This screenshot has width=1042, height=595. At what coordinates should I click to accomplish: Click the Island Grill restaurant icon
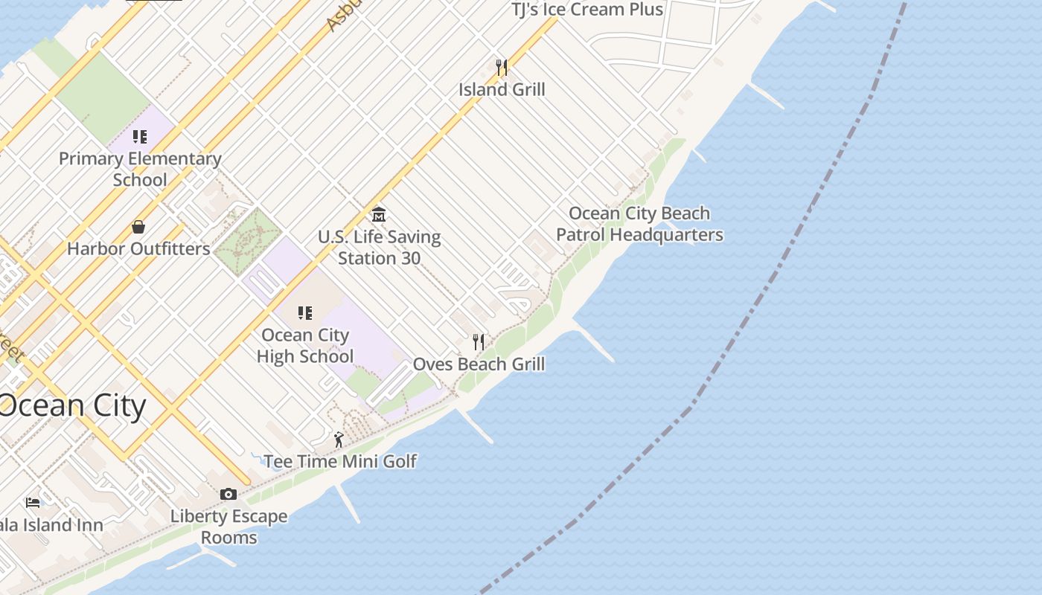(502, 68)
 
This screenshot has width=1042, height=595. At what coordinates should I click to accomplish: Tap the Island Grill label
(502, 89)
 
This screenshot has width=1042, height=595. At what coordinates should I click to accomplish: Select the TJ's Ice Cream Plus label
(586, 10)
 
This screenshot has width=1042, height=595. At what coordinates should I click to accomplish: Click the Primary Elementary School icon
(140, 137)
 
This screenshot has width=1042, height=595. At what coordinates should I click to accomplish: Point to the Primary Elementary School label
(140, 169)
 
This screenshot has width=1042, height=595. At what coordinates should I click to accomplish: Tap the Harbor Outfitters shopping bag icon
(138, 227)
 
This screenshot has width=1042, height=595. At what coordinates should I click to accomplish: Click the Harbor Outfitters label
(138, 248)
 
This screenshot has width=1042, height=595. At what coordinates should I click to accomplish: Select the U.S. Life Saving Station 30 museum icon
(379, 215)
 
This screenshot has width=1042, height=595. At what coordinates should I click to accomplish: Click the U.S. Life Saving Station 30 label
(379, 248)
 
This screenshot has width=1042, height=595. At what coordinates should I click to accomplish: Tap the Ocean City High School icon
(305, 312)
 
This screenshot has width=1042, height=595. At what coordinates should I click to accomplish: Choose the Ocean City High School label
(305, 346)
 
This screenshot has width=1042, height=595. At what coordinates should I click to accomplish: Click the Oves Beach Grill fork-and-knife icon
(479, 342)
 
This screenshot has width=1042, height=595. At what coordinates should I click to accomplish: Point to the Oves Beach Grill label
(479, 364)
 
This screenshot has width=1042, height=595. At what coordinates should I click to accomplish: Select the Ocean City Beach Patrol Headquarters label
(639, 224)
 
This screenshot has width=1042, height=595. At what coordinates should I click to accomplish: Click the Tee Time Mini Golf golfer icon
(339, 440)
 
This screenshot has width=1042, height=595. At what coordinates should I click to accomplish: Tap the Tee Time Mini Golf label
(340, 461)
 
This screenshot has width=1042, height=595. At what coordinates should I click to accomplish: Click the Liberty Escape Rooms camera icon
(228, 494)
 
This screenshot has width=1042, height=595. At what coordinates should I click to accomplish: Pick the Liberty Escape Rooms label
(228, 527)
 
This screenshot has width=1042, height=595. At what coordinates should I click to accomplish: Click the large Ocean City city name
(72, 406)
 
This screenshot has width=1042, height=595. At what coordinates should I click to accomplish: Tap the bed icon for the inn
(33, 503)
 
